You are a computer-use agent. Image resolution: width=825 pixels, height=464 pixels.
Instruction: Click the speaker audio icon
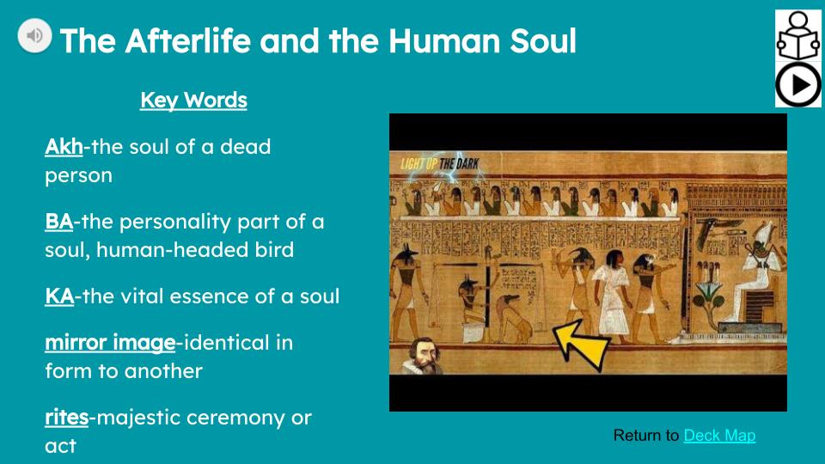tap(34, 35)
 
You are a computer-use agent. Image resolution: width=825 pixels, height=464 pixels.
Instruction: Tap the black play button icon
tap(798, 85)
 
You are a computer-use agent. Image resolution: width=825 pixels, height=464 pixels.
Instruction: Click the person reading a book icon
tap(798, 35)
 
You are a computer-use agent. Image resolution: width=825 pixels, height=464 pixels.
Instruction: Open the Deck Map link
tap(719, 436)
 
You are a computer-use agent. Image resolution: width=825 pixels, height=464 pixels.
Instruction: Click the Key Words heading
tap(193, 101)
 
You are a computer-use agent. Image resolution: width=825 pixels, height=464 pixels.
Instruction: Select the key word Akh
tap(64, 147)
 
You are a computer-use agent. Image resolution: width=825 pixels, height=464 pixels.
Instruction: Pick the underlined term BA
tap(58, 222)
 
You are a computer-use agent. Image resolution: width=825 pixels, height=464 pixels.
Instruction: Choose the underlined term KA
tap(58, 296)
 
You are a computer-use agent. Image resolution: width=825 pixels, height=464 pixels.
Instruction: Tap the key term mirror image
tap(110, 343)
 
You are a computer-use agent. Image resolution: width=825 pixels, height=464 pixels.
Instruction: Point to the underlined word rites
tap(66, 418)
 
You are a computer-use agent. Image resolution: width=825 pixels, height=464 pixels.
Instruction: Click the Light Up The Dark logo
tap(440, 163)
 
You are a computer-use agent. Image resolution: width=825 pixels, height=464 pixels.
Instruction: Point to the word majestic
tap(135, 418)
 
